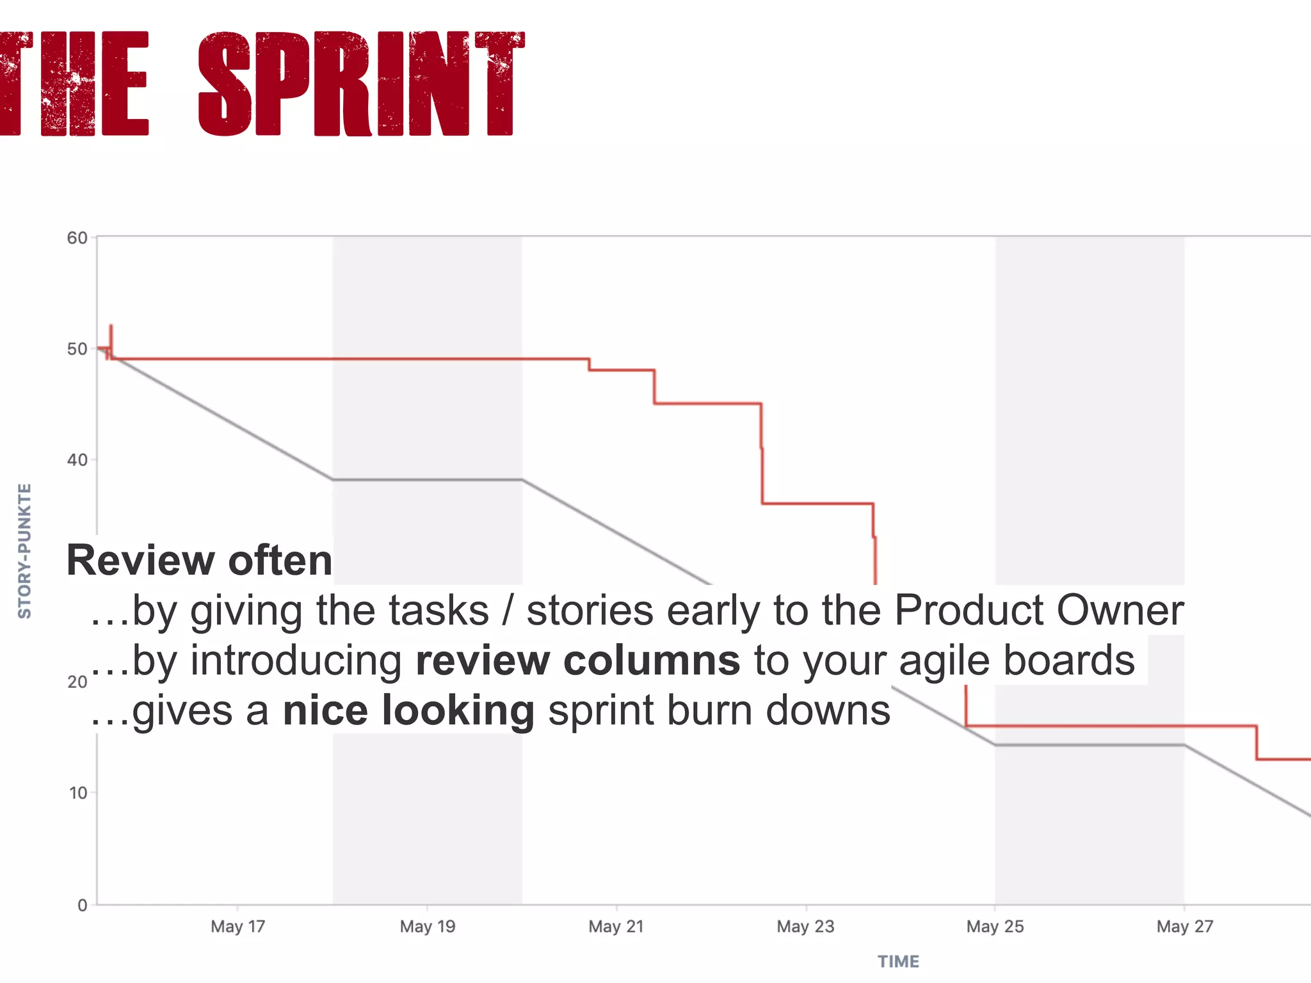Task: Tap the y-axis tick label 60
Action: tap(77, 238)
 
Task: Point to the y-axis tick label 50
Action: tap(77, 349)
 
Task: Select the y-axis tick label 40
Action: tap(77, 460)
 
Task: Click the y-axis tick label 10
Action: tap(78, 794)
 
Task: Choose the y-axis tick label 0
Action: tap(83, 906)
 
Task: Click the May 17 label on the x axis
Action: tap(237, 927)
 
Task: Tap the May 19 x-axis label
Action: tap(427, 927)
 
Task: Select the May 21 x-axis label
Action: tap(616, 927)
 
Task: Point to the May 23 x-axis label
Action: tap(805, 927)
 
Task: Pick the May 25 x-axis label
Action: tap(995, 927)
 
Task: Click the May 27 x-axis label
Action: tap(1184, 927)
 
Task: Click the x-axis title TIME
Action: tap(898, 962)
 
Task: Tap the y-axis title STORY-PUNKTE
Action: tap(24, 551)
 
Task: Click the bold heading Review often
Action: tap(199, 561)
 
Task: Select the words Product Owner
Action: tap(1038, 610)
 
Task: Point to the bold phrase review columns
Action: tap(577, 660)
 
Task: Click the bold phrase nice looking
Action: tap(408, 710)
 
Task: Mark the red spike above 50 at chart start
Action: tap(111, 333)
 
